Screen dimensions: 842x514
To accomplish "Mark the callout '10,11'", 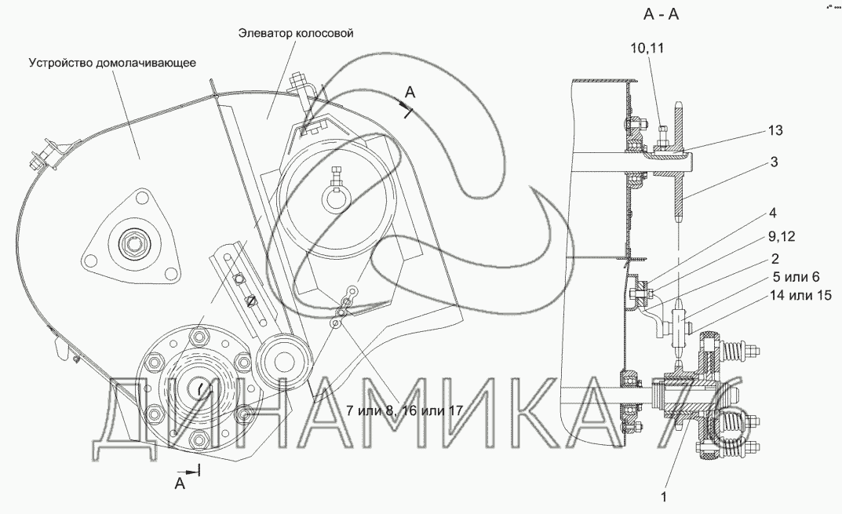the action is pyautogui.click(x=647, y=49).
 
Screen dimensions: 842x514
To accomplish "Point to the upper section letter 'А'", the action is pyautogui.click(x=410, y=93).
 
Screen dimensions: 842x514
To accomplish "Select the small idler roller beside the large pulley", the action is pyautogui.click(x=281, y=361).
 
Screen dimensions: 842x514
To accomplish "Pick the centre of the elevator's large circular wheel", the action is pyautogui.click(x=336, y=195).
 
